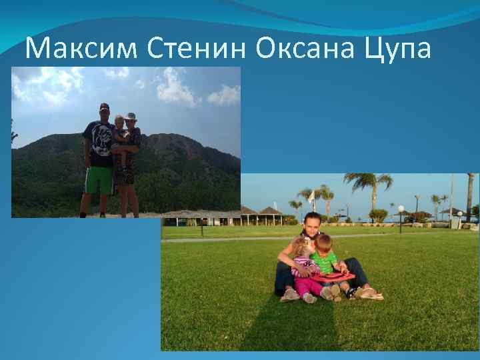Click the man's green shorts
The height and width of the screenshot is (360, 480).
pyautogui.click(x=98, y=180)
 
